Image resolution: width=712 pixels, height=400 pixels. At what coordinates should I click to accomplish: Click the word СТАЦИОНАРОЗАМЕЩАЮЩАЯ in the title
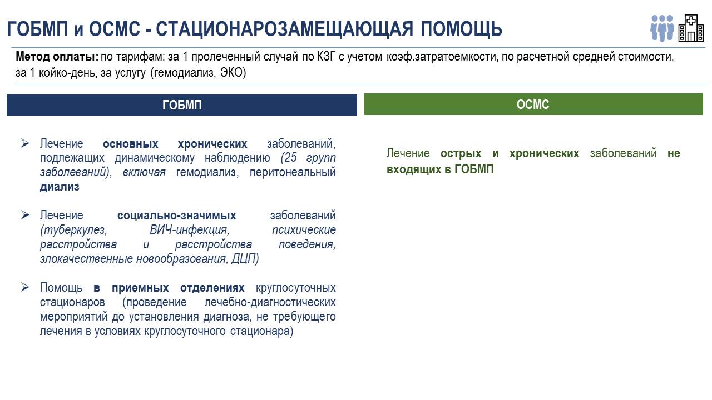[x=284, y=29]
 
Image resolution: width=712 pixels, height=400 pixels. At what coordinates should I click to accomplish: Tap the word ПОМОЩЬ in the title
[x=461, y=29]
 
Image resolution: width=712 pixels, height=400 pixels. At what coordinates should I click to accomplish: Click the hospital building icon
[x=691, y=28]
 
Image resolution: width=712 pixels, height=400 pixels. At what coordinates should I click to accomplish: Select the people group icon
[x=662, y=28]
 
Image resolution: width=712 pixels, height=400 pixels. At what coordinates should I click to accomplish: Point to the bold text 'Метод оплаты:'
[x=57, y=57]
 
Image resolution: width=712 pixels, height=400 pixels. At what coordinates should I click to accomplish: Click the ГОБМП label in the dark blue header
[x=182, y=105]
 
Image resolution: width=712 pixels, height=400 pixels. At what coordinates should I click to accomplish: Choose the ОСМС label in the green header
[x=533, y=104]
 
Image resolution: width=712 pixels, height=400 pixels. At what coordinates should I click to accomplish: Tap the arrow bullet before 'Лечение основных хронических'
[x=25, y=143]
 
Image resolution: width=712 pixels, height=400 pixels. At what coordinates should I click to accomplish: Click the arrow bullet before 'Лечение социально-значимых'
[x=25, y=215]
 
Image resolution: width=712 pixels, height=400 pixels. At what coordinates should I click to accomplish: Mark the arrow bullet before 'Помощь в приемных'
[x=25, y=287]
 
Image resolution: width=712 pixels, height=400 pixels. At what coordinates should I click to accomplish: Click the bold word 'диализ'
[x=60, y=187]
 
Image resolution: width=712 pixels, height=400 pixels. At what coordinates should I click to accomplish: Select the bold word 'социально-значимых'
[x=177, y=216]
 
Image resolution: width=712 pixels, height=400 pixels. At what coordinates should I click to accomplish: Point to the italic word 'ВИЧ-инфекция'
[x=190, y=230]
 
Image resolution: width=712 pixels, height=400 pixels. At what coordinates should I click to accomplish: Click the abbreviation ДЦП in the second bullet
[x=243, y=259]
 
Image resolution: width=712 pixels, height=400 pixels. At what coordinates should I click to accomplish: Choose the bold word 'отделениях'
[x=212, y=288]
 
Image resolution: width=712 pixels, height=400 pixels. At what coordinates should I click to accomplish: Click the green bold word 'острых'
[x=461, y=153]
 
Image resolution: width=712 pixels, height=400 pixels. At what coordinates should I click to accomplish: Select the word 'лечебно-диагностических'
[x=270, y=302]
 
